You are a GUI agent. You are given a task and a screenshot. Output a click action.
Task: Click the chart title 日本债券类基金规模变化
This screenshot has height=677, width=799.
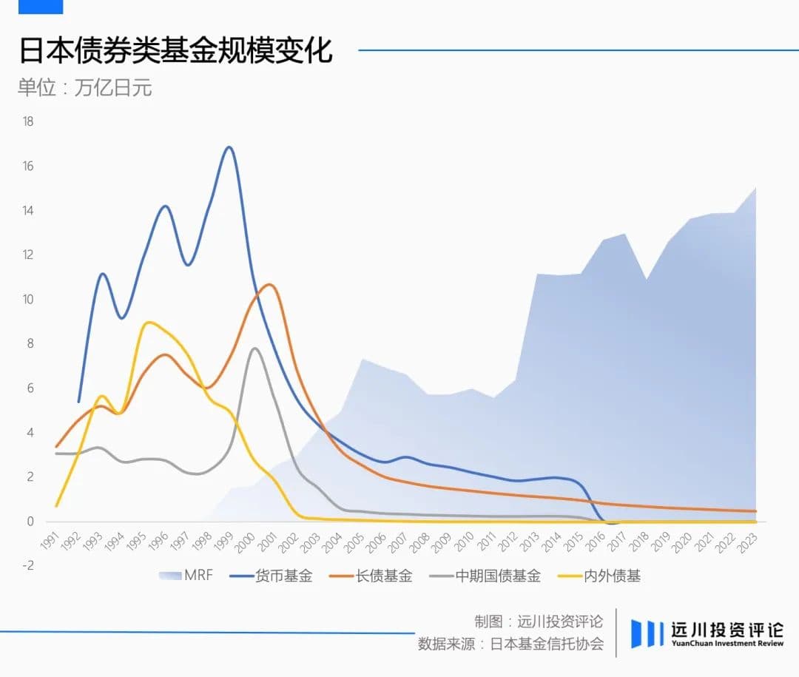coord(175,51)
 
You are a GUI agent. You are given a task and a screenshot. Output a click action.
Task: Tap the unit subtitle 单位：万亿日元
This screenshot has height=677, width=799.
coord(84,87)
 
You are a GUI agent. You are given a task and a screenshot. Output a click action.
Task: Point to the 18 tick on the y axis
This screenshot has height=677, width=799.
coord(28,121)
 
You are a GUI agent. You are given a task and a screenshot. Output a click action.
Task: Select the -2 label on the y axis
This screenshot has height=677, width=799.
coord(27,566)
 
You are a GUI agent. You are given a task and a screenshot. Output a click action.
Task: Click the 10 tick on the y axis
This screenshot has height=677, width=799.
coord(28,300)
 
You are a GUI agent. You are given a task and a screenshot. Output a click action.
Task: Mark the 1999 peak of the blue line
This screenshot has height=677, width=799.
coord(229,147)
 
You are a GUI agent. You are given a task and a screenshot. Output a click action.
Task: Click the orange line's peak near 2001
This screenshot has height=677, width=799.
coord(270,284)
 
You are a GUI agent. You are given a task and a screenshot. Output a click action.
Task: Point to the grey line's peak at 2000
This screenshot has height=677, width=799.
coord(254,348)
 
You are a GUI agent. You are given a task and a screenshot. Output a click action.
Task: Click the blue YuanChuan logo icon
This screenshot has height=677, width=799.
coord(647,634)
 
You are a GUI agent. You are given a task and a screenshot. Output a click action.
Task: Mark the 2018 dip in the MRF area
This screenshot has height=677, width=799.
coord(647,279)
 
